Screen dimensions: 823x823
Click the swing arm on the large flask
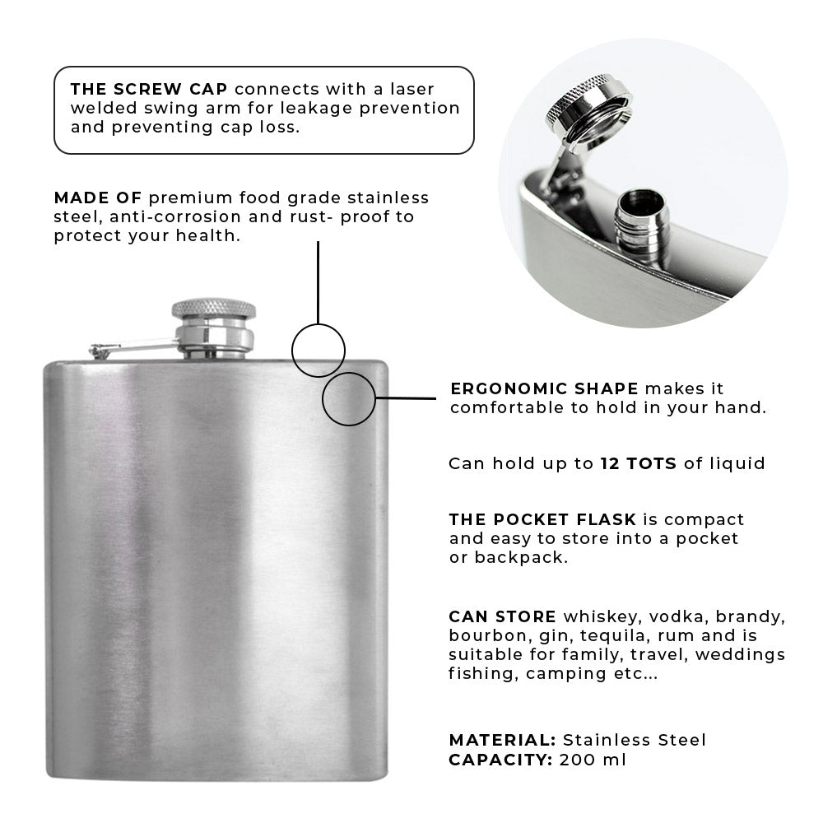134,348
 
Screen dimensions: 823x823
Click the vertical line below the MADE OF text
318,282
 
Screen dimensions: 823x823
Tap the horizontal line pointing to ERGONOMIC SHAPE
406,398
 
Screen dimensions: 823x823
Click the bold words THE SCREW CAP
149,89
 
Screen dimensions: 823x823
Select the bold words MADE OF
98,198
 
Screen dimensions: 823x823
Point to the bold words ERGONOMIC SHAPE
544,389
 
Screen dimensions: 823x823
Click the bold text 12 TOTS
639,463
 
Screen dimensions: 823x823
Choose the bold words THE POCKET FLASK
542,519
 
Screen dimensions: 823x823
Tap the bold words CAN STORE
502,616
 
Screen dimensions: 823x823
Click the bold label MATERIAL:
502,740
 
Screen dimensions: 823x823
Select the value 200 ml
593,760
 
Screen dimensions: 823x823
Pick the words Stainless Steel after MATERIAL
635,740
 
